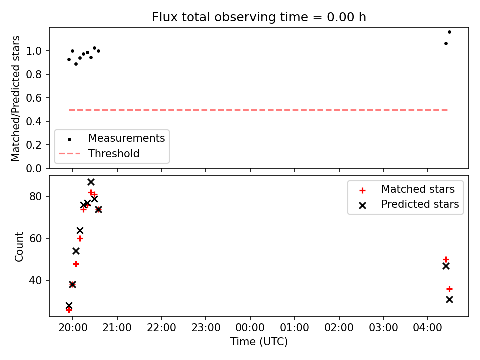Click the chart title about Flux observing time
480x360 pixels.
pyautogui.click(x=259, y=17)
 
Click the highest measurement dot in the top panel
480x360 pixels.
pyautogui.click(x=449, y=32)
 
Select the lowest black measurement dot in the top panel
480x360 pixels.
pyautogui.click(x=76, y=64)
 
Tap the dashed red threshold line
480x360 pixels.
pyautogui.click(x=258, y=110)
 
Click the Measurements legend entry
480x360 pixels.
pyautogui.click(x=112, y=138)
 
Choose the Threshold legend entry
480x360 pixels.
pyautogui.click(x=99, y=153)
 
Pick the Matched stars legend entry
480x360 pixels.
pyautogui.click(x=407, y=189)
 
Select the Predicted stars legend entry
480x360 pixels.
pyautogui.click(x=409, y=204)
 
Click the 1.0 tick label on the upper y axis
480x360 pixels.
pyautogui.click(x=34, y=51)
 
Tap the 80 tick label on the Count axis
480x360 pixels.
pyautogui.click(x=35, y=196)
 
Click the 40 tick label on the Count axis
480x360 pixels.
pyautogui.click(x=35, y=280)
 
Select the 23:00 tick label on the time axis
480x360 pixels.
pyautogui.click(x=206, y=328)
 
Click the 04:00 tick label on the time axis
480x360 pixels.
pyautogui.click(x=427, y=328)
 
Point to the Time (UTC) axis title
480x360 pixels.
pyautogui.click(x=259, y=341)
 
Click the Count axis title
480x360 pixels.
pyautogui.click(x=19, y=246)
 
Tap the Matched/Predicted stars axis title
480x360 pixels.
pyautogui.click(x=15, y=98)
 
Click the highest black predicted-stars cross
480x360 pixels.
pyautogui.click(x=91, y=182)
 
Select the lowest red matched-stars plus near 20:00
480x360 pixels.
pyautogui.click(x=69, y=310)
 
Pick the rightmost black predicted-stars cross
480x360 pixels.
pyautogui.click(x=449, y=299)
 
